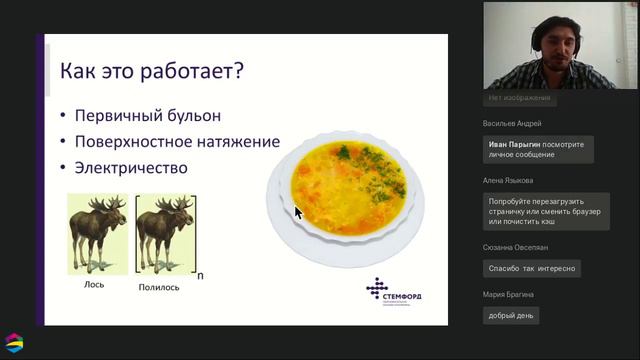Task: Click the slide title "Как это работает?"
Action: click(x=152, y=72)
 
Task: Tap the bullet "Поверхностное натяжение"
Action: click(x=182, y=142)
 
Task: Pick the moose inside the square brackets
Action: click(x=163, y=231)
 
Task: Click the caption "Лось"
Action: click(x=95, y=284)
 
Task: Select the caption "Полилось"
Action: click(x=160, y=287)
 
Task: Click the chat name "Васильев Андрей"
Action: click(x=512, y=124)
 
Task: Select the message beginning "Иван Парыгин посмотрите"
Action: click(x=538, y=149)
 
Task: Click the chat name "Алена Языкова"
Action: click(x=509, y=181)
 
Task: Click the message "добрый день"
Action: click(x=510, y=315)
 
